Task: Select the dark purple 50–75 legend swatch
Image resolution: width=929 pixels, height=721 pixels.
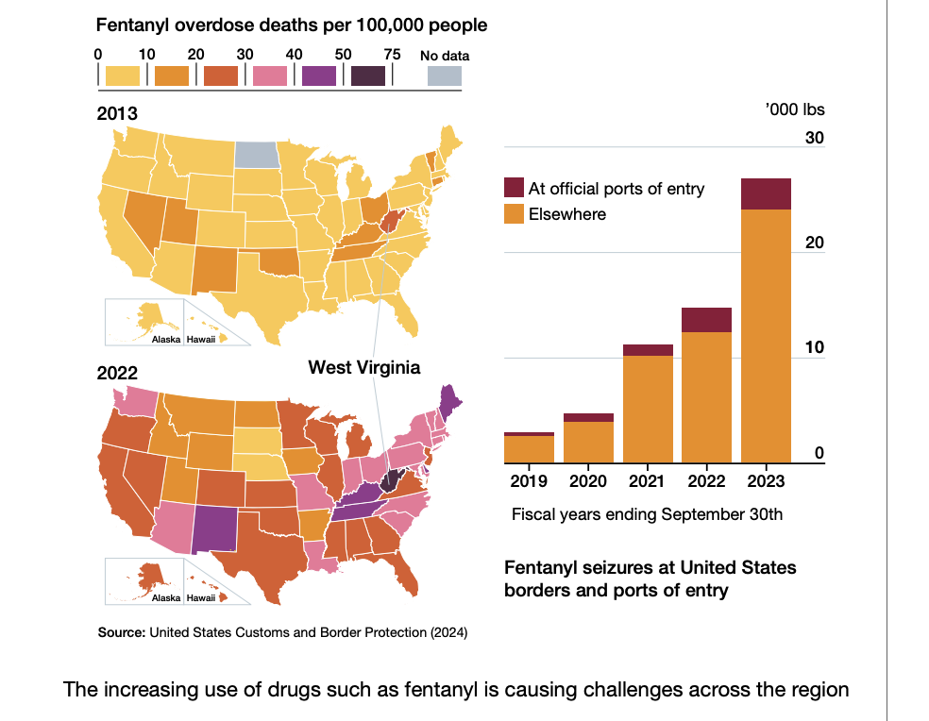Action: point(367,75)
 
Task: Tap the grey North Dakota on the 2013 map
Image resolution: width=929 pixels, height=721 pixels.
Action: point(256,154)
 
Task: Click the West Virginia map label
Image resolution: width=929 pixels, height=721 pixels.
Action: point(363,367)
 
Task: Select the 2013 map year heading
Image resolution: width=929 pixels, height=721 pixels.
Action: point(117,114)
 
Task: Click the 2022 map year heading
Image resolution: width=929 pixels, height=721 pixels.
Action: point(117,373)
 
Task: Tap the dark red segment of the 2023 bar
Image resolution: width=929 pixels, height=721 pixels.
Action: point(766,193)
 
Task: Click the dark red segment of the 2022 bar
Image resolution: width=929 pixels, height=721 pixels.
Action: point(707,320)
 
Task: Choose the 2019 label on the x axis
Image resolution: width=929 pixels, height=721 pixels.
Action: point(529,481)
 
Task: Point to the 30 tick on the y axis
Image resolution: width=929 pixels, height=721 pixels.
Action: point(814,139)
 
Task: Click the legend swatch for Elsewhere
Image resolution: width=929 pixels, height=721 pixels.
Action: point(515,214)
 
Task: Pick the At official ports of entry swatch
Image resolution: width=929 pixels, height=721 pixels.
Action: point(515,188)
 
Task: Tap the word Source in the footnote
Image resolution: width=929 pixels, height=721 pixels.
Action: point(122,631)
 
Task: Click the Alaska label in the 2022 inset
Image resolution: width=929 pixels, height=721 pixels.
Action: point(166,598)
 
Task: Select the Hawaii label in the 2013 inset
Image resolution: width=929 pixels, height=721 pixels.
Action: point(200,339)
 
